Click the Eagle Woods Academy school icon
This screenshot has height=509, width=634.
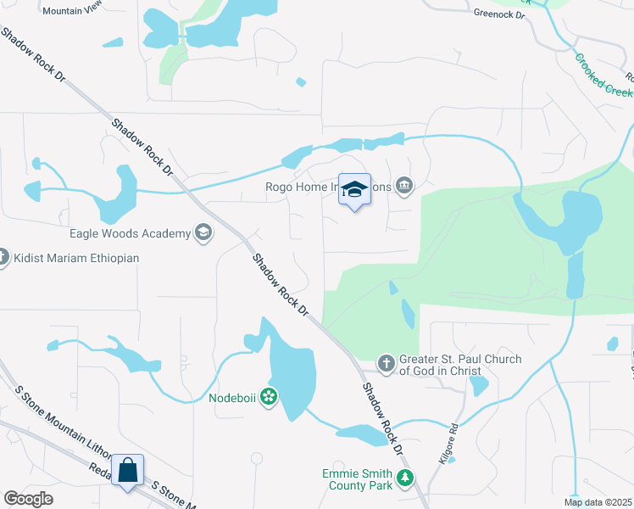click(x=203, y=232)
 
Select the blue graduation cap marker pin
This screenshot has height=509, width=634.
click(x=355, y=190)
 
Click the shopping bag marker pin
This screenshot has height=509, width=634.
click(x=127, y=471)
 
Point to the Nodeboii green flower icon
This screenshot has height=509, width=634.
click(x=269, y=396)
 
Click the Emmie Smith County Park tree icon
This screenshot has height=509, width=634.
click(x=406, y=479)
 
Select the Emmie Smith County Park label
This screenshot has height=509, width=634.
click(x=357, y=479)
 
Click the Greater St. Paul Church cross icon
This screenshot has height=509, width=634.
click(x=387, y=364)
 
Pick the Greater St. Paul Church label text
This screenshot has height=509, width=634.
click(x=448, y=365)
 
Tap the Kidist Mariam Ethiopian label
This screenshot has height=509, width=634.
click(x=75, y=258)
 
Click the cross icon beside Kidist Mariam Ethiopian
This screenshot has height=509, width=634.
click(x=3, y=256)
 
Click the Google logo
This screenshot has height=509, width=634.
click(x=29, y=499)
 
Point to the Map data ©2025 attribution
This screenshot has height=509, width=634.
click(x=598, y=502)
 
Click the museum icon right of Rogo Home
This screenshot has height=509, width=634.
click(x=405, y=185)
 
